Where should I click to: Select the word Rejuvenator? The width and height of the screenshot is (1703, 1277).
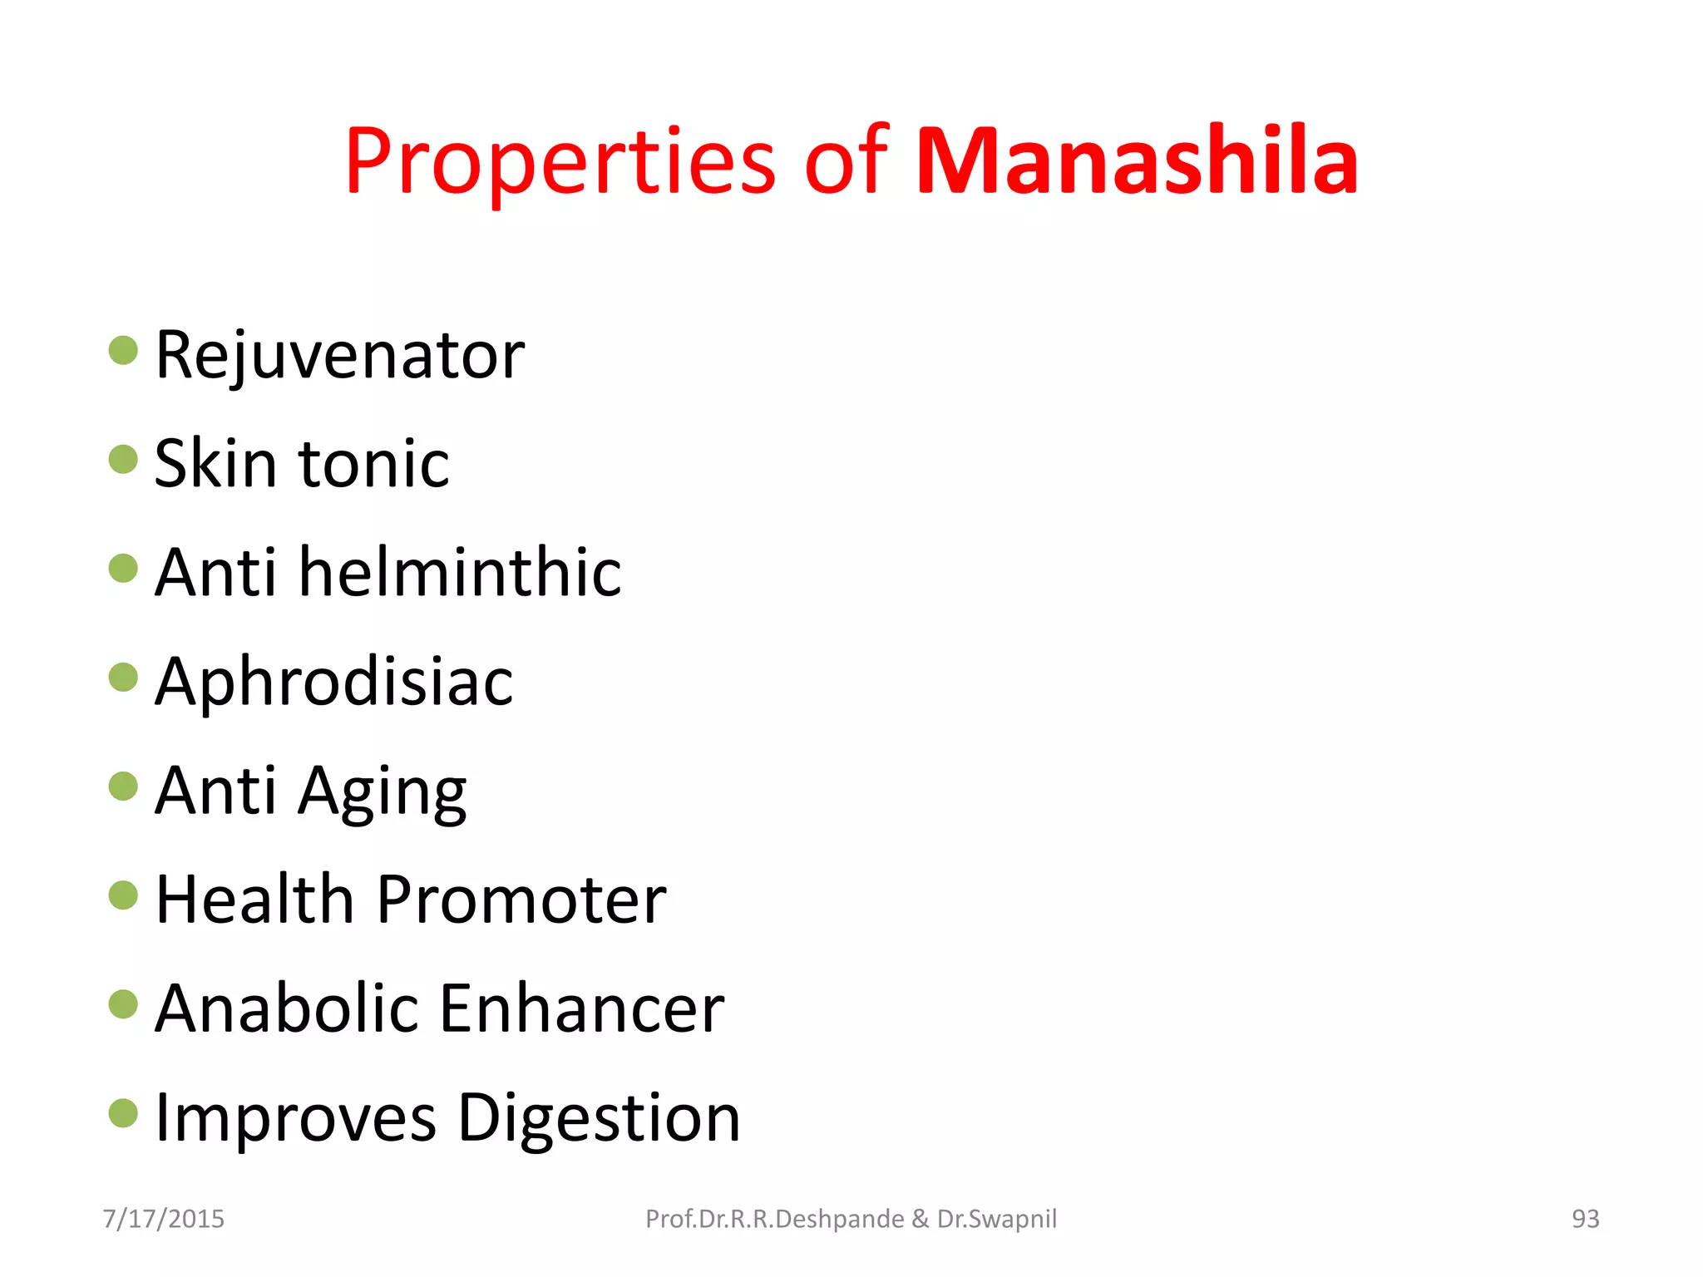pyautogui.click(x=339, y=356)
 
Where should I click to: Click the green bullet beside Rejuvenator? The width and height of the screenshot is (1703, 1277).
pyautogui.click(x=123, y=350)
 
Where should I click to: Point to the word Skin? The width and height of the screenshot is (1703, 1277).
pyautogui.click(x=215, y=463)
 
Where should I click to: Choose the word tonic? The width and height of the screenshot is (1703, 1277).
pyautogui.click(x=374, y=464)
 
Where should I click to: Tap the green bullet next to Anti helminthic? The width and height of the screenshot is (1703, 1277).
pyautogui.click(x=123, y=569)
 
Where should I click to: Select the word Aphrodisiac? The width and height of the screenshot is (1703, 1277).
pyautogui.click(x=333, y=683)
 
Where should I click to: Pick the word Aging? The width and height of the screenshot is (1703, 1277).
pyautogui.click(x=383, y=791)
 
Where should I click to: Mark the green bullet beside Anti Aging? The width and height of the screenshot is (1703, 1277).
pyautogui.click(x=123, y=786)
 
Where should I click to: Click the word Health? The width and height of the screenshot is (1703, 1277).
pyautogui.click(x=255, y=900)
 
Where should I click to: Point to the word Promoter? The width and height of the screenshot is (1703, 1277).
pyautogui.click(x=521, y=900)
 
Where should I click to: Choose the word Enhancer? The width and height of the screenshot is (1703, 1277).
pyautogui.click(x=581, y=1008)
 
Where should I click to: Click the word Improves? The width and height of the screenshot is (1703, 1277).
pyautogui.click(x=295, y=1119)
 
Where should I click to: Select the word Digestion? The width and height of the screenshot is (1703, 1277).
pyautogui.click(x=599, y=1119)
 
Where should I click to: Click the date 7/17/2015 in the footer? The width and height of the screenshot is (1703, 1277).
pyautogui.click(x=164, y=1219)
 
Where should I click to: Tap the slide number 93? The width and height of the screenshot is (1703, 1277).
pyautogui.click(x=1585, y=1219)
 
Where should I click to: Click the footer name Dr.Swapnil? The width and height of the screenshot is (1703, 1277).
pyautogui.click(x=997, y=1219)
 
